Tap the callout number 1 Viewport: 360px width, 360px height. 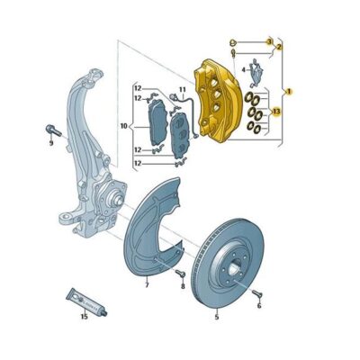(x=289, y=91)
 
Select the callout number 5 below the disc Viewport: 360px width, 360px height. (x=217, y=318)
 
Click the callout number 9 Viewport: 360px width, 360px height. (x=51, y=142)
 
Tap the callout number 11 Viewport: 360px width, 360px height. (x=180, y=90)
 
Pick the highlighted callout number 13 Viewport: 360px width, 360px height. (x=277, y=112)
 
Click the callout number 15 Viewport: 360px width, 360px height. (x=84, y=317)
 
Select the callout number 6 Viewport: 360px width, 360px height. (x=258, y=307)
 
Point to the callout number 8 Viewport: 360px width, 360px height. (x=183, y=287)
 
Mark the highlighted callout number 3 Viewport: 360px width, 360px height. (x=268, y=41)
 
